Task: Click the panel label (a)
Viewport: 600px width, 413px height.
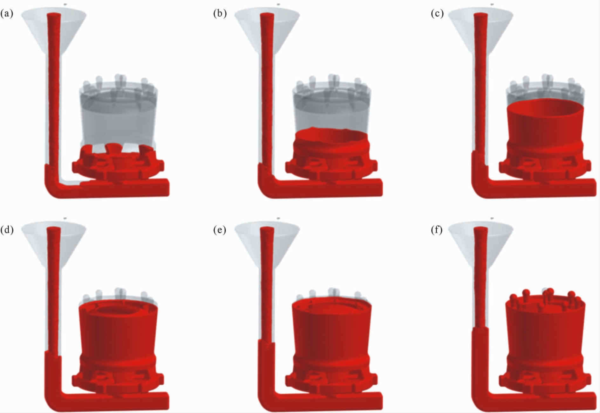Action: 7,14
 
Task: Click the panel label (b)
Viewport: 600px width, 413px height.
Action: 220,14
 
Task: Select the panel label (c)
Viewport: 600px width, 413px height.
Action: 437,14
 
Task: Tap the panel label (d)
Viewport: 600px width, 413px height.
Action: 7,230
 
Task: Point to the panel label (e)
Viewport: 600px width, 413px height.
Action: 220,230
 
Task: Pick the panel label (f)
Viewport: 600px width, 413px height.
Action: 437,230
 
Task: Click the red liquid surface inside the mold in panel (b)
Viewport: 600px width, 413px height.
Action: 331,135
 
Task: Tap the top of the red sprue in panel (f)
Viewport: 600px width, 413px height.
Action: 481,230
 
